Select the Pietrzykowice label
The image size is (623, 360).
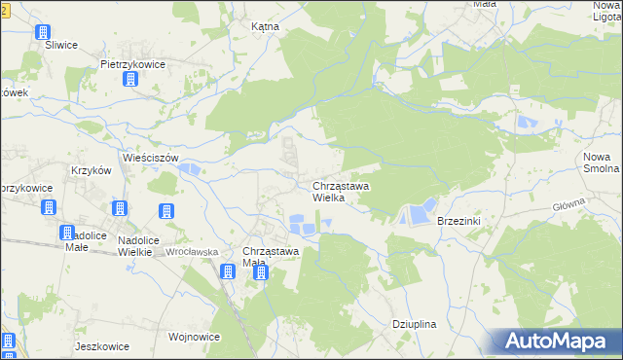point(132,64)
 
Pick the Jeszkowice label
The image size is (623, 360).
point(102,345)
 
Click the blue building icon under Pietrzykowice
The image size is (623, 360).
point(130,80)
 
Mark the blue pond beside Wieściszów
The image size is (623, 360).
point(190,171)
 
